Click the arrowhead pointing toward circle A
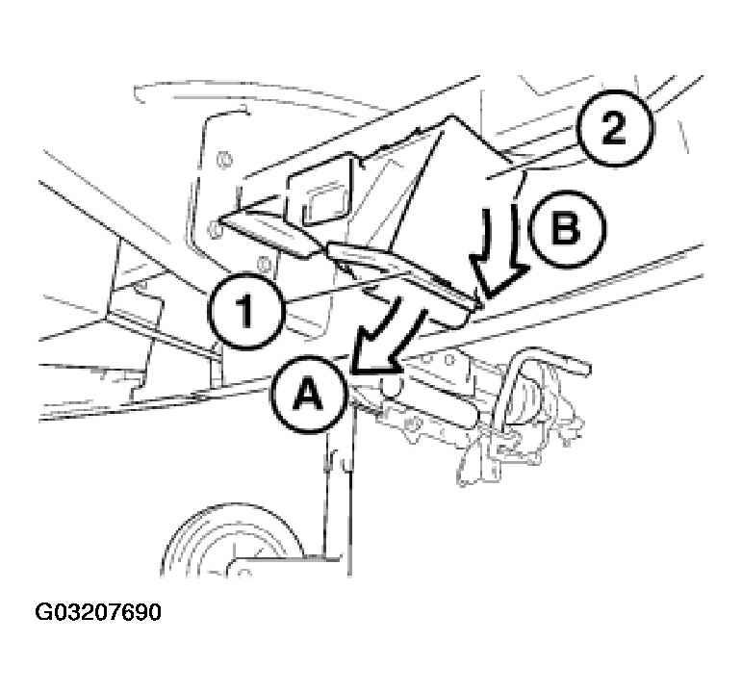tap(371, 359)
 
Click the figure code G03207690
tap(99, 612)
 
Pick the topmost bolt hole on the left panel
tap(223, 158)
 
